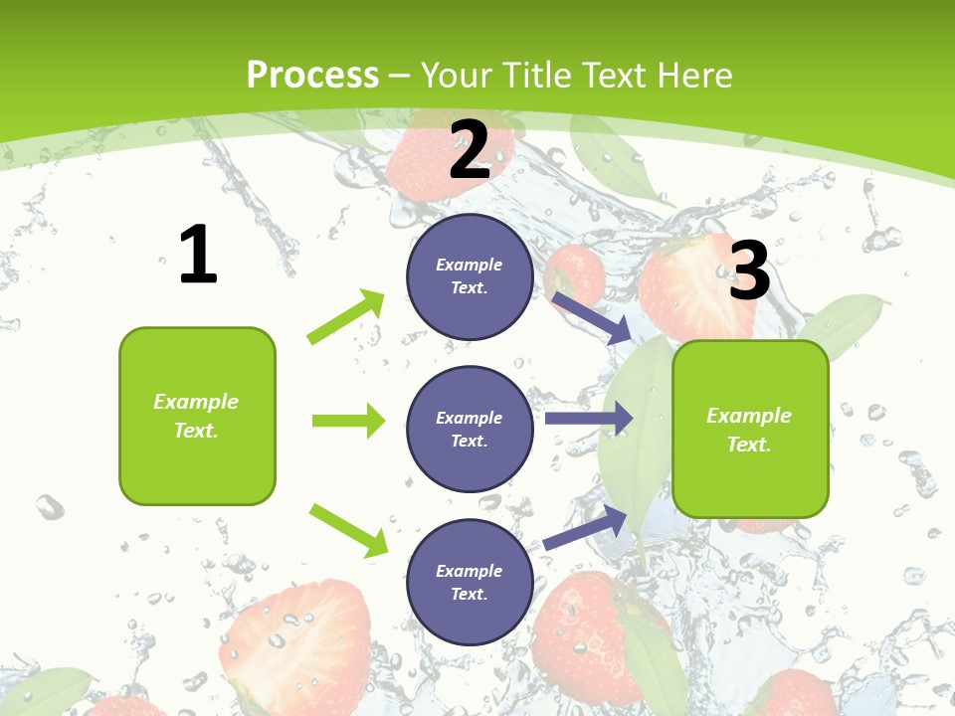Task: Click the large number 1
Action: (198, 255)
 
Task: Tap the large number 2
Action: (470, 150)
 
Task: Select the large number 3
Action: (749, 270)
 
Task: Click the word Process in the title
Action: (312, 75)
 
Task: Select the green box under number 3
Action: (750, 477)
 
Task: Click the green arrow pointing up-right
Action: (346, 316)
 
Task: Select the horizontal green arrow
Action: (348, 421)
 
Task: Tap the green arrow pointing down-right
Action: (348, 529)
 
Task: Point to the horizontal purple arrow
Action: (588, 418)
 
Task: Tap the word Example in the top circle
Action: (470, 265)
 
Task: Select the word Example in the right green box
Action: (749, 416)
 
